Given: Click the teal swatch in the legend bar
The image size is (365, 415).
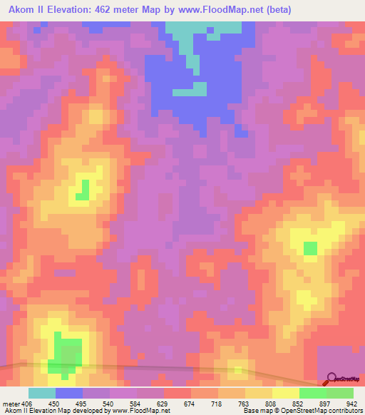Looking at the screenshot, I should pos(41,393).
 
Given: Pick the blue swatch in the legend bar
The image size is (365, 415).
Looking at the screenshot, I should pos(68,393).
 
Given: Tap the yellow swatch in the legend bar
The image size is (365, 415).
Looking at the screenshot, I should pos(286,393).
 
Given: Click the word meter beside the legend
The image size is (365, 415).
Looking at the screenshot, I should pos(10,404).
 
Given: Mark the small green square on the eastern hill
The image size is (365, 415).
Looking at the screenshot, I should pos(310,248).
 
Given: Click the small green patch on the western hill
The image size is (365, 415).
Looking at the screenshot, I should pos(85,190).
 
